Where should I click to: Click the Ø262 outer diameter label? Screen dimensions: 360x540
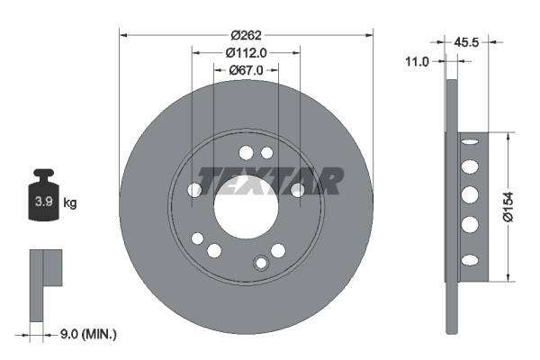246,34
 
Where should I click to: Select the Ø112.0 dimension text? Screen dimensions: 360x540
246,52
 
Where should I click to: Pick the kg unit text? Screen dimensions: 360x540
70,203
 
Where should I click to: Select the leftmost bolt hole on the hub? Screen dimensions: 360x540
194,190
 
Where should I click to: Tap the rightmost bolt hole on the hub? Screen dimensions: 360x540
297,189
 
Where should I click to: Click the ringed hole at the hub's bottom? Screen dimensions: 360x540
261,263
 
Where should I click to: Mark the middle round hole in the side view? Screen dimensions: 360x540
469,195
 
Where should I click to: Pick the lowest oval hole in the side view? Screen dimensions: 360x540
469,260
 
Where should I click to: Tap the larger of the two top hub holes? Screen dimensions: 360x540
246,151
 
